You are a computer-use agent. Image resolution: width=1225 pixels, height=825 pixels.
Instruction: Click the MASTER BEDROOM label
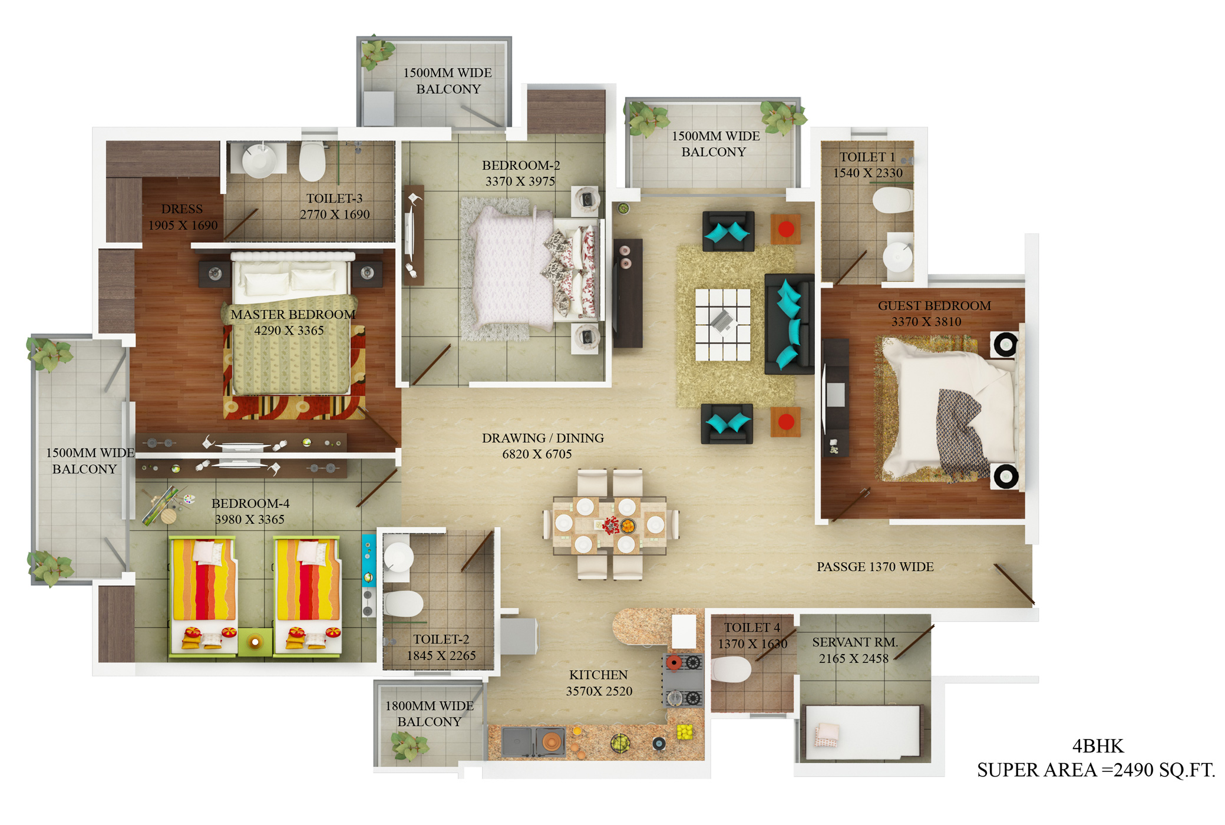click(x=293, y=315)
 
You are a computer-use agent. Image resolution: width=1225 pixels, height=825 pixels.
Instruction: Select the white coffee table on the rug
click(x=722, y=324)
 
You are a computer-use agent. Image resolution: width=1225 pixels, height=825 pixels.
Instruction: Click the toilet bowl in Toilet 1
click(x=892, y=200)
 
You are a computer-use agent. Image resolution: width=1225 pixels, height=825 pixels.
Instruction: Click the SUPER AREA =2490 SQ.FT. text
click(x=1096, y=770)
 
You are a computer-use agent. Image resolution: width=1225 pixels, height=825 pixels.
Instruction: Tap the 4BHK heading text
click(x=1098, y=746)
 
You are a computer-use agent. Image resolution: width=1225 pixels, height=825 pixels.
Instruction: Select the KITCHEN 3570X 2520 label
click(x=599, y=683)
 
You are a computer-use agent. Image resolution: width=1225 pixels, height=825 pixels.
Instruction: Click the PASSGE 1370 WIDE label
click(x=875, y=567)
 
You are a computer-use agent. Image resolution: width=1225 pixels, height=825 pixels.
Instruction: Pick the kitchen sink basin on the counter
click(x=517, y=741)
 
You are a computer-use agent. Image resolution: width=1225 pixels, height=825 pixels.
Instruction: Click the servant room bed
click(x=862, y=732)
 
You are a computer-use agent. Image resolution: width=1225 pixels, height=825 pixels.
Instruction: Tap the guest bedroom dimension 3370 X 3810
click(x=926, y=322)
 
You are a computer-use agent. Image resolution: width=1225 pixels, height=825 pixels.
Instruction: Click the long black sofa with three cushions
click(x=790, y=324)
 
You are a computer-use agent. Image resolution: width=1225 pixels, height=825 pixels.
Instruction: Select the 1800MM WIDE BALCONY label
click(x=429, y=714)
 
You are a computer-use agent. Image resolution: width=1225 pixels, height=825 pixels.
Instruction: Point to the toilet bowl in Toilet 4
click(x=731, y=669)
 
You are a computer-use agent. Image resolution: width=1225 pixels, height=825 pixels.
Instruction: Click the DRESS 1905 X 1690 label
click(x=183, y=217)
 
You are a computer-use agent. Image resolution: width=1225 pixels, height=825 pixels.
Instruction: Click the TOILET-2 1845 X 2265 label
click(x=441, y=647)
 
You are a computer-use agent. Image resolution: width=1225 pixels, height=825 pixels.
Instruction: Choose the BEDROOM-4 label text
click(x=250, y=503)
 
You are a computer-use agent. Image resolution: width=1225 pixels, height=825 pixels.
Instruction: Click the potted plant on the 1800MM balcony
click(x=410, y=745)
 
